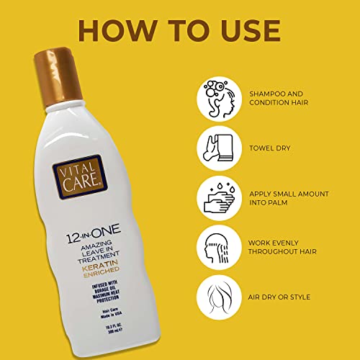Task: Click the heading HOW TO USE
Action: point(180,30)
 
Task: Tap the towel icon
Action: point(221,147)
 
